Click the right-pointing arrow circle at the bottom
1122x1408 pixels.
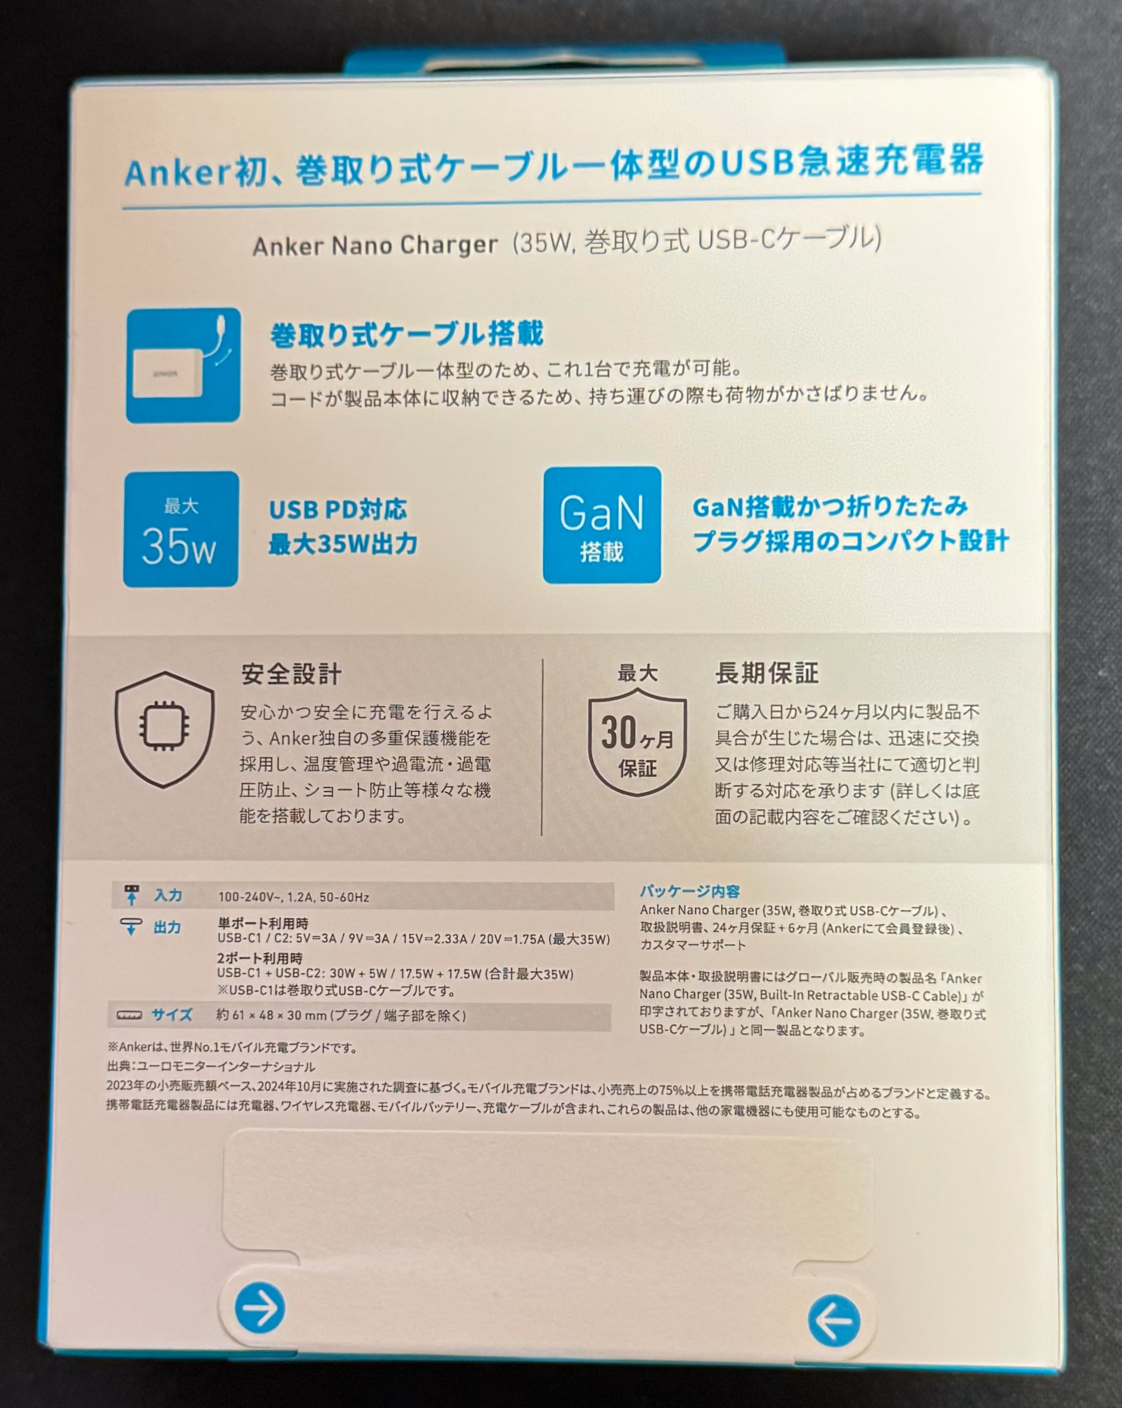pos(259,1307)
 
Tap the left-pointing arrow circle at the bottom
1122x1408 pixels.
pos(833,1321)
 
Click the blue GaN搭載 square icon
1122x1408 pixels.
pos(601,525)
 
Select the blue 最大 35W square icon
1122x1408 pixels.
pos(180,529)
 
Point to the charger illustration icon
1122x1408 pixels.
pos(183,365)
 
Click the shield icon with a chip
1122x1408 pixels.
pos(165,728)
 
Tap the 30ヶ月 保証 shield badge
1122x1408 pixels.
pos(637,745)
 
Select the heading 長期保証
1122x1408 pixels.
pos(766,672)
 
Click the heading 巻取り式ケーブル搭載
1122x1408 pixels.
pos(406,334)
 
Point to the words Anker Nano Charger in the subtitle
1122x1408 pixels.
pos(375,246)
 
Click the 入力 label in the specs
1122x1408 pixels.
pos(168,895)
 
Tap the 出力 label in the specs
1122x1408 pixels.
pos(167,927)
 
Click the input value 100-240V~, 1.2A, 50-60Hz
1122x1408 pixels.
pos(293,897)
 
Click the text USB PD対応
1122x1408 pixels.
pos(338,509)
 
